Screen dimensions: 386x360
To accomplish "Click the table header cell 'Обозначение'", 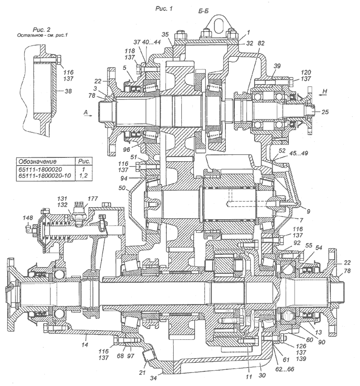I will tap(36, 162).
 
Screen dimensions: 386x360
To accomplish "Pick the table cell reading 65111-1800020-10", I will tap(42, 175).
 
